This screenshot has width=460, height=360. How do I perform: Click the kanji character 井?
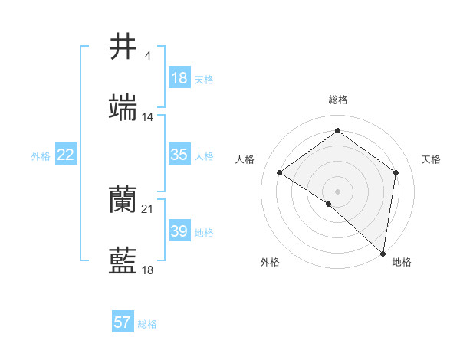coord(123,47)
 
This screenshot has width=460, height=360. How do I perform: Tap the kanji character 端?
coord(123,108)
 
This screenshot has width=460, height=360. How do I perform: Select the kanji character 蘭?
coord(123,201)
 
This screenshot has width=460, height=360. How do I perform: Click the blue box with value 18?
coord(179,78)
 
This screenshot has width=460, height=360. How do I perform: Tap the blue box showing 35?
coord(179,155)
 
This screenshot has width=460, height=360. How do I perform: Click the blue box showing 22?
coord(66,155)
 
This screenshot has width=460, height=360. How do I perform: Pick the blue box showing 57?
coord(123,322)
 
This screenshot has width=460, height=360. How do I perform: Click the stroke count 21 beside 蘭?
coord(148,209)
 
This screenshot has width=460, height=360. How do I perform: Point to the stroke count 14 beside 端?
coord(148,117)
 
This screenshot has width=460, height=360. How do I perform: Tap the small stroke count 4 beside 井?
coord(148,56)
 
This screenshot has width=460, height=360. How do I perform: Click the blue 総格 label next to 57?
coord(147,324)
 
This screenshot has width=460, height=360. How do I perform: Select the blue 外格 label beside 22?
coord(41,156)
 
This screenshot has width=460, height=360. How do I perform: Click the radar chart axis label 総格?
coord(338,100)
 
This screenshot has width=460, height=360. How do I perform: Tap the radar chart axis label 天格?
coord(432,159)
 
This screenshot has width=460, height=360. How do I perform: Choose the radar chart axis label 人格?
coord(245,159)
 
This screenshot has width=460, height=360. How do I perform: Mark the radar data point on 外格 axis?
coord(329,204)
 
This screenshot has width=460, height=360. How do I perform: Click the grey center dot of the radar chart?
coord(338,191)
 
